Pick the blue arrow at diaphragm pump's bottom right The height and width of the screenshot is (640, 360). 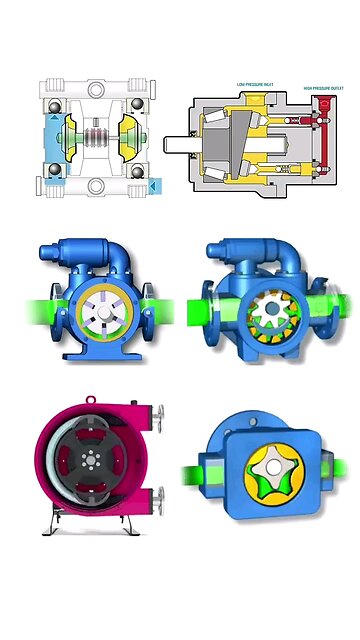click(x=152, y=185)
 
